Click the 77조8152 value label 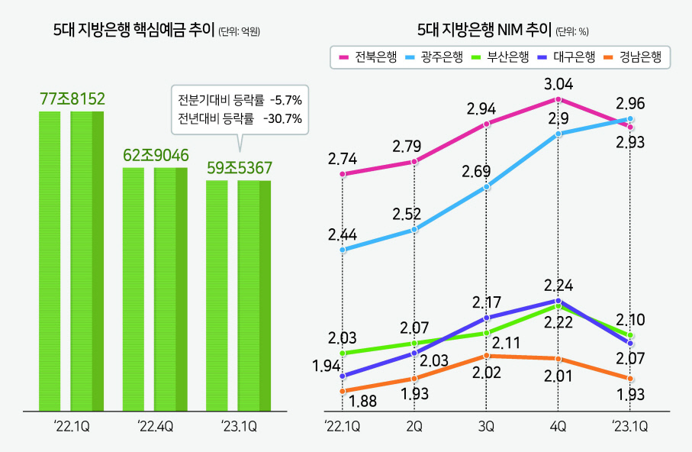[72, 98]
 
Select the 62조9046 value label [156, 155]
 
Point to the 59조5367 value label [240, 168]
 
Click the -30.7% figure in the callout [283, 118]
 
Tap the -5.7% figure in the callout [286, 100]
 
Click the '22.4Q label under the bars [155, 426]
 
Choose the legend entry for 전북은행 [368, 57]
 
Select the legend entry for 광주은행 [434, 57]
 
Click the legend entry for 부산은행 [500, 57]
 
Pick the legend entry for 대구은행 [567, 57]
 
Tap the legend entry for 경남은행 [632, 57]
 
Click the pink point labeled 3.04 [558, 99]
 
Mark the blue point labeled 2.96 [630, 118]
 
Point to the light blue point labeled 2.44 [343, 250]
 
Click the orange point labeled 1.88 [343, 391]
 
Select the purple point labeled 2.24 [558, 301]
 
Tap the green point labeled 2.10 [630, 335]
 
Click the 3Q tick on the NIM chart [486, 426]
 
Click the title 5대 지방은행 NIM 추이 [484, 30]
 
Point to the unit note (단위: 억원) [240, 31]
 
